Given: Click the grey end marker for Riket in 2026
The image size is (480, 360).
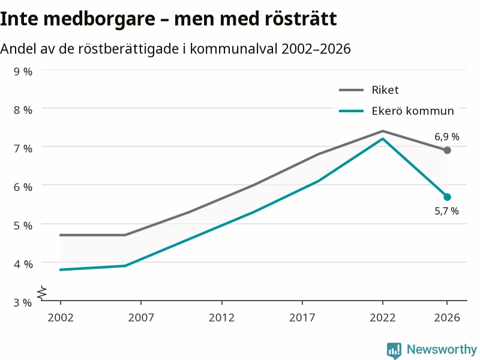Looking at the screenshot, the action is (447, 151).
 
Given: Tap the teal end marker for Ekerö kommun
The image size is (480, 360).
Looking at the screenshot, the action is (447, 197).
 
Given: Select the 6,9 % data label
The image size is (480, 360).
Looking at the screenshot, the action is (447, 137).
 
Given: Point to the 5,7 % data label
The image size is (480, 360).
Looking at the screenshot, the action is (446, 211).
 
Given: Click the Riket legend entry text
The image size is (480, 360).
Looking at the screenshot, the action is (385, 90).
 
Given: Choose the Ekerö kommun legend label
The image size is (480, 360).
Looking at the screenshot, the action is (413, 111).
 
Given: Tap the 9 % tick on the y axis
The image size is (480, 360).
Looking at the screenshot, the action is (23, 71).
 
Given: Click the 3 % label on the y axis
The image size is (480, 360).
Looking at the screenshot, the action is (23, 303).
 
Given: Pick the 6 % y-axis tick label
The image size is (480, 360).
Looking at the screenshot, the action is (23, 187).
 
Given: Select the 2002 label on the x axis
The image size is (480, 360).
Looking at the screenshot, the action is (61, 318).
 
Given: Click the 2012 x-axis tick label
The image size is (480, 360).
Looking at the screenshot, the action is (221, 318).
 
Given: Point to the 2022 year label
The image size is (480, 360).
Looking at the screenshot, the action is (383, 318).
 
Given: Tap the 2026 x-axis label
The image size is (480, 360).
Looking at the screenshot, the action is (447, 318).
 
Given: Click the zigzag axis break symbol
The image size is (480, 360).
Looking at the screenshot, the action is (42, 293).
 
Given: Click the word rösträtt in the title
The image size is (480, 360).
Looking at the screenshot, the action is (301, 19).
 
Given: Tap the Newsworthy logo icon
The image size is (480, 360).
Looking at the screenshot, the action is (394, 350).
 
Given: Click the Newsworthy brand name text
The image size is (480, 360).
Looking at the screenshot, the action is (442, 349).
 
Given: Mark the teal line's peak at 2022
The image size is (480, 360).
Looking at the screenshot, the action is (383, 139).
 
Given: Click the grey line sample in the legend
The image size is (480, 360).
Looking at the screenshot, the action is (352, 90).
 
